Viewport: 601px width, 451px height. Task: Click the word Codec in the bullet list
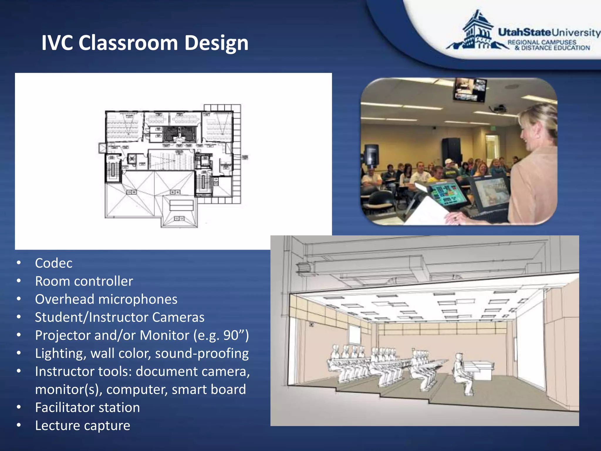54,263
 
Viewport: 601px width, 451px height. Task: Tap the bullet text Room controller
84,281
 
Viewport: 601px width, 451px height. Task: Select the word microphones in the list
138,299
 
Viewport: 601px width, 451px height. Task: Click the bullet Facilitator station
87,408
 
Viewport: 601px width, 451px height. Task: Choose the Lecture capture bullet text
82,425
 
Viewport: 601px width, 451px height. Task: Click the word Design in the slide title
216,43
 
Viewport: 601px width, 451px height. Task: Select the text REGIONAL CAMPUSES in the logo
542,42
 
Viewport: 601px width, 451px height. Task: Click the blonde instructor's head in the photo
538,129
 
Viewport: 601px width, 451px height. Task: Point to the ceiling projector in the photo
499,110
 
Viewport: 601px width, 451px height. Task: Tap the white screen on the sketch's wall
354,335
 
